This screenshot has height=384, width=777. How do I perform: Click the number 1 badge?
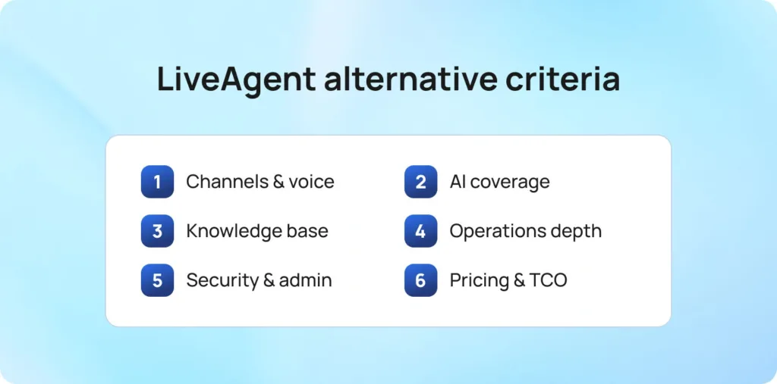click(157, 182)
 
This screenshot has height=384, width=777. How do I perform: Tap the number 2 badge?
click(420, 182)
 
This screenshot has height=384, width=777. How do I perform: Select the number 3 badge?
click(157, 231)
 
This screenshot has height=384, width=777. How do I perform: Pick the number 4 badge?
click(420, 231)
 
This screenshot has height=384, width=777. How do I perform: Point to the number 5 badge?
click(157, 280)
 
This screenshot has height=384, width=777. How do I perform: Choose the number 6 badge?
click(420, 280)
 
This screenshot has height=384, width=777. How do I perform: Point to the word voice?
click(310, 182)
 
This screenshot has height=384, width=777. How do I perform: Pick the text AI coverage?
click(499, 182)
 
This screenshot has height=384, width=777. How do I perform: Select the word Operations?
click(497, 231)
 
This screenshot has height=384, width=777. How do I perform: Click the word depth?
click(577, 231)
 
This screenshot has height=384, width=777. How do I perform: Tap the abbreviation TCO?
click(549, 280)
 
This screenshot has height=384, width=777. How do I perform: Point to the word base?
click(311, 231)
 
